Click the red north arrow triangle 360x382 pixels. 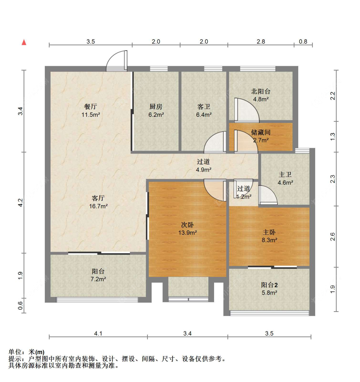pyautogui.click(x=24, y=42)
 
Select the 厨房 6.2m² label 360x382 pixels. pyautogui.click(x=156, y=110)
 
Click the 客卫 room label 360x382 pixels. pyautogui.click(x=204, y=107)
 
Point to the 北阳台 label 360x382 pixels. pyautogui.click(x=260, y=92)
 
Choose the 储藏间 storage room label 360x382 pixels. pyautogui.click(x=260, y=132)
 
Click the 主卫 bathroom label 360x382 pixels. pyautogui.click(x=285, y=174)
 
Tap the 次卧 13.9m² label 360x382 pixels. pyautogui.click(x=188, y=228)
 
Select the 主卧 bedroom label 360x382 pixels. pyautogui.click(x=269, y=232)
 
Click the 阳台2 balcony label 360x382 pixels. pyautogui.click(x=269, y=285)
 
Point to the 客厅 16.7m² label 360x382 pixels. pyautogui.click(x=98, y=202)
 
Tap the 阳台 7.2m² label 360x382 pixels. pyautogui.click(x=98, y=275)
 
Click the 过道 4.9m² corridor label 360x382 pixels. pyautogui.click(x=204, y=165)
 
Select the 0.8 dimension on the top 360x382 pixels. pyautogui.click(x=303, y=41)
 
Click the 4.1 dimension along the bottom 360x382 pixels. pyautogui.click(x=98, y=333)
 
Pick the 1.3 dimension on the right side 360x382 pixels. pyautogui.click(x=332, y=136)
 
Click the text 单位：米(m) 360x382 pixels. pyautogui.click(x=26, y=352)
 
